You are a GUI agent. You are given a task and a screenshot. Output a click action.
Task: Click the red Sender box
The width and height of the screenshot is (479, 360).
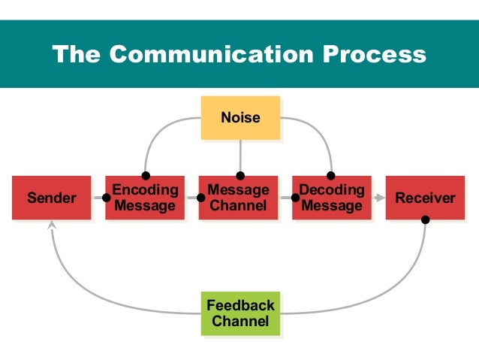click(51, 198)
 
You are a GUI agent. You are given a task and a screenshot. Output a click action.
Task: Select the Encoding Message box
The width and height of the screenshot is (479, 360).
click(144, 198)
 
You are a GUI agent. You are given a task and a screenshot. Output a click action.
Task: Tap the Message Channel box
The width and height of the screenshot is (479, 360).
click(238, 198)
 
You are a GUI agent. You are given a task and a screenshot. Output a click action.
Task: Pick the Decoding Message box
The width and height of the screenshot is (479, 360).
click(331, 198)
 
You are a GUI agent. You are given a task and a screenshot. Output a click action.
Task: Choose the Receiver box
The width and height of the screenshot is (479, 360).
click(425, 198)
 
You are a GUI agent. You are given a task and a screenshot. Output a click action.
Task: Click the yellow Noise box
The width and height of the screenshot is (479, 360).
click(240, 117)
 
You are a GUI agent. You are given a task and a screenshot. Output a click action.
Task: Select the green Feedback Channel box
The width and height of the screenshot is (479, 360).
click(240, 313)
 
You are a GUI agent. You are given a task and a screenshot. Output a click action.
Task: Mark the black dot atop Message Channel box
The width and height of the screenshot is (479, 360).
click(240, 177)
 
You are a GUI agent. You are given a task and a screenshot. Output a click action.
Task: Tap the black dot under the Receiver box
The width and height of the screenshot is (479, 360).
click(426, 220)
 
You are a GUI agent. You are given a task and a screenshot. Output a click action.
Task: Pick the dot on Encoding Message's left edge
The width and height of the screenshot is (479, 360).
click(107, 198)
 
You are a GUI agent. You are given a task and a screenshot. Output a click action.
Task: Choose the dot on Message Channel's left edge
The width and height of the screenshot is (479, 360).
click(200, 198)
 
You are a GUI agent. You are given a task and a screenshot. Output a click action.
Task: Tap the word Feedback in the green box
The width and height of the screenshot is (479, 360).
click(240, 306)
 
